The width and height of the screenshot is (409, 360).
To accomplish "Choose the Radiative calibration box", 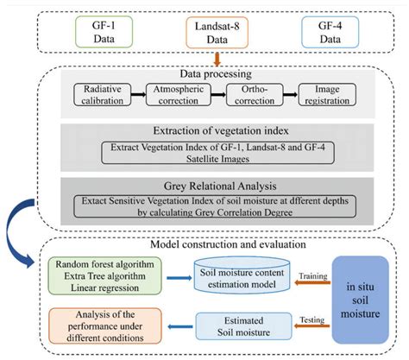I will point(103,95).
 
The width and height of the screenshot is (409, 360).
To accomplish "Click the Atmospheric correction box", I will point(176,95).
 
